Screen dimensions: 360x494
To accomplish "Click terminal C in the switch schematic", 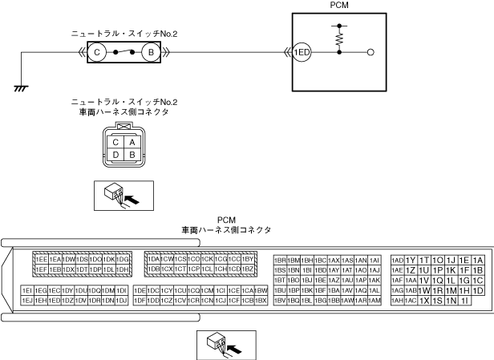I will tap(97, 52).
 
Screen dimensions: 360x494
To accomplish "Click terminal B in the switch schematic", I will tap(148, 52).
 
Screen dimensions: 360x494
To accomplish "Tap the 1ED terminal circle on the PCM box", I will tap(302, 52).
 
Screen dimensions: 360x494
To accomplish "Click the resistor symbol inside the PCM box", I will tap(340, 35).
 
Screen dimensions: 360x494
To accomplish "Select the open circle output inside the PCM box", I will tap(370, 52).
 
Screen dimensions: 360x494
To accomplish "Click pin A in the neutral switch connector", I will tap(131, 142).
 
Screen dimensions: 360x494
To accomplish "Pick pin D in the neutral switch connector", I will tap(117, 155).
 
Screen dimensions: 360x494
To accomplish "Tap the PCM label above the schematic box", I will tap(340, 5).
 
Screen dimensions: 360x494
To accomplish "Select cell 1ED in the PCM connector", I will tap(54, 300).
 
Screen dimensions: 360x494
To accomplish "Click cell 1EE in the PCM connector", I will tap(40, 260).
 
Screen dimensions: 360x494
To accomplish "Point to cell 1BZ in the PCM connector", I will tap(248, 269).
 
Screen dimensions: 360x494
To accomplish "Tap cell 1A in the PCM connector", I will tap(478, 260).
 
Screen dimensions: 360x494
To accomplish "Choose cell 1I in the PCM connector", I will tap(464, 300).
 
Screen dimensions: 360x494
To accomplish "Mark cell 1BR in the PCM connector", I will tap(280, 260).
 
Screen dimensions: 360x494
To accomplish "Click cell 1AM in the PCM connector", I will tap(375, 300).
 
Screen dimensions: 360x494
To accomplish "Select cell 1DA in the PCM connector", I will tap(153, 260).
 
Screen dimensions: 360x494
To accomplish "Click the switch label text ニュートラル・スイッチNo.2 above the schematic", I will tap(123, 34).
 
